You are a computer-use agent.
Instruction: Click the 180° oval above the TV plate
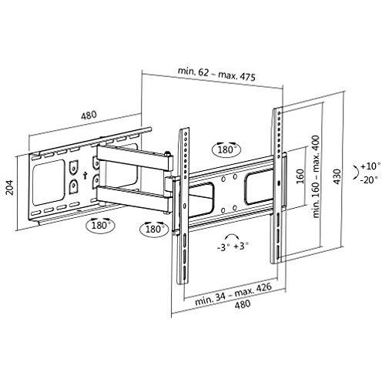229,147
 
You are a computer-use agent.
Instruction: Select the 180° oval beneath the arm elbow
154,230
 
